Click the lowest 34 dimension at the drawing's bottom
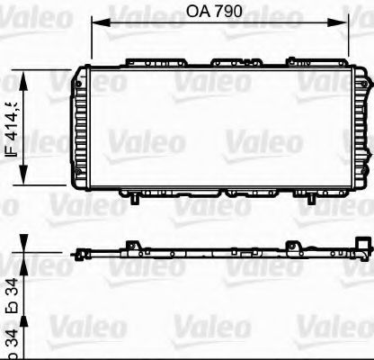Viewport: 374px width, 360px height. (12, 315)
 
